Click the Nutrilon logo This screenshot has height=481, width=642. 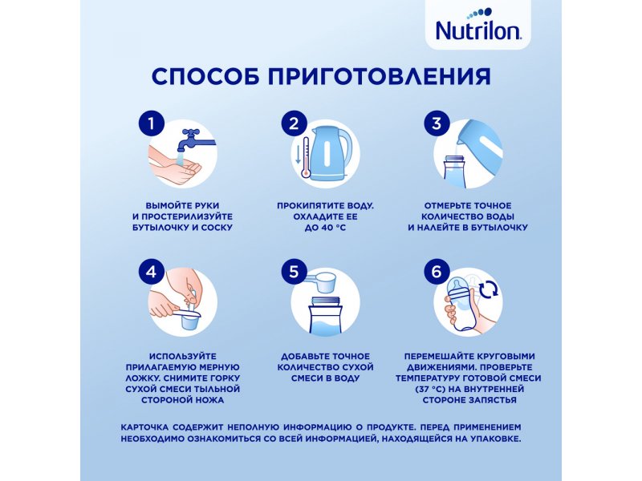pyautogui.click(x=477, y=26)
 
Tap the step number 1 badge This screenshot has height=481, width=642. pyautogui.click(x=152, y=123)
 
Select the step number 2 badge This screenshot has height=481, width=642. pyautogui.click(x=294, y=123)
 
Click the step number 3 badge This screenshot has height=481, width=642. pyautogui.click(x=437, y=123)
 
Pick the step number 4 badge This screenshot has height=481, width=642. pyautogui.click(x=152, y=271)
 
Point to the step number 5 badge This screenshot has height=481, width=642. pyautogui.click(x=294, y=271)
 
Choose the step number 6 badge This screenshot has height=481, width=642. pyautogui.click(x=437, y=271)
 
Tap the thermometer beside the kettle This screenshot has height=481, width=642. pyautogui.click(x=305, y=157)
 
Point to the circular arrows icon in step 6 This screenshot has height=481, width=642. pyautogui.click(x=489, y=289)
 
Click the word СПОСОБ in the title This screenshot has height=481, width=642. pyautogui.click(x=205, y=76)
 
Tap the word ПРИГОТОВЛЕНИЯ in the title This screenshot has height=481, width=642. pyautogui.click(x=379, y=76)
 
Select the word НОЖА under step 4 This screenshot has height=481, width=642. pyautogui.click(x=211, y=400)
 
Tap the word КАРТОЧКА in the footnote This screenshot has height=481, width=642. pyautogui.click(x=144, y=427)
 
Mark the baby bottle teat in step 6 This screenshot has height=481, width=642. pyautogui.click(x=456, y=285)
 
